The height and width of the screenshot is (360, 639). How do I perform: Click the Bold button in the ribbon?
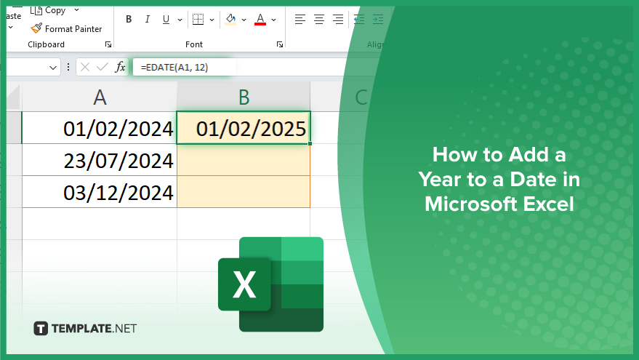[129, 19]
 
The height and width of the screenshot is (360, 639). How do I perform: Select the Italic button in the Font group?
[147, 19]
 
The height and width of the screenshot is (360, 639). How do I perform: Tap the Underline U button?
[166, 19]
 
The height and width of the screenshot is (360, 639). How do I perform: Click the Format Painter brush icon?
[36, 28]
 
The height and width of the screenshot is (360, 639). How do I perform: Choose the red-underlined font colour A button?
[260, 19]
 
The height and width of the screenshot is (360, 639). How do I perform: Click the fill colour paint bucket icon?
[230, 19]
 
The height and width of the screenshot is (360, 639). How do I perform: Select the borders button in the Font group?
[198, 19]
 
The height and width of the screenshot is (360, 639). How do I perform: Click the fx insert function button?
[120, 67]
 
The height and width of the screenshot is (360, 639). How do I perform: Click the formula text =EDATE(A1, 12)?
[174, 67]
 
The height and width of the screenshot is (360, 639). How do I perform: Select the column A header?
[100, 97]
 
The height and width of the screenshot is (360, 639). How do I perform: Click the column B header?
[244, 97]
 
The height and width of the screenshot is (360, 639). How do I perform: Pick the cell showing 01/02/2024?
[100, 127]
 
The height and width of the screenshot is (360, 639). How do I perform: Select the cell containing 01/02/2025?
[244, 127]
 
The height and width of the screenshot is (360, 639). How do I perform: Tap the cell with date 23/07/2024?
[100, 160]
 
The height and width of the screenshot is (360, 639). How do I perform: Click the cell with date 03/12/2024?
[100, 191]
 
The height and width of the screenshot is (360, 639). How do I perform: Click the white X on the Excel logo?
[244, 284]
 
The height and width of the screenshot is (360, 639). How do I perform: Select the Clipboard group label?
[46, 44]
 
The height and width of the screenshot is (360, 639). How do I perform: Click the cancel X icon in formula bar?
[85, 67]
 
